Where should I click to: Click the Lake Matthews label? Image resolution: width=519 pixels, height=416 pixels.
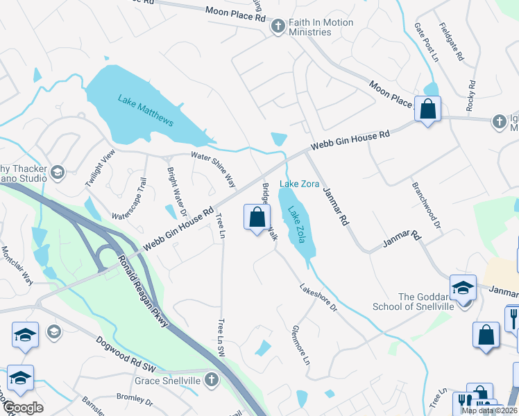click(145, 110)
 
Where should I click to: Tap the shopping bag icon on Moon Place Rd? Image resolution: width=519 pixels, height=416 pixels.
click(427, 109)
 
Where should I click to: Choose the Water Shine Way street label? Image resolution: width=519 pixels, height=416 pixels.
click(214, 168)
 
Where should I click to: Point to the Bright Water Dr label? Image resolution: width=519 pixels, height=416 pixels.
click(177, 187)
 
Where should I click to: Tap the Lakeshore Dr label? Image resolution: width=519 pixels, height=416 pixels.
click(318, 297)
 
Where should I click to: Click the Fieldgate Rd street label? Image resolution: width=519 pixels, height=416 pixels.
click(451, 42)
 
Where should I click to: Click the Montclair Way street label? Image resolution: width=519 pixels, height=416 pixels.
click(17, 266)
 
